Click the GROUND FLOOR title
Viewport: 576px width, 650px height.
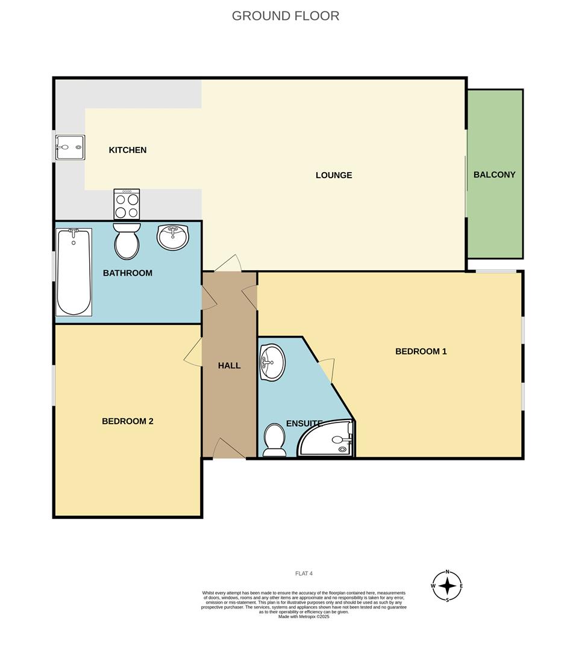tap(286, 16)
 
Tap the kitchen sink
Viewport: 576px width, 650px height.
tap(70, 147)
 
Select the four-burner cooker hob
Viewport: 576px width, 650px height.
tap(127, 205)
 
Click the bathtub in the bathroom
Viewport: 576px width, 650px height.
tap(74, 271)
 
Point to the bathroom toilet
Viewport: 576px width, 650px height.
tap(127, 241)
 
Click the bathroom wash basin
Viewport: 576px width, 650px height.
tap(173, 236)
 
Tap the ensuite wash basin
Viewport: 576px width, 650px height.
tap(272, 363)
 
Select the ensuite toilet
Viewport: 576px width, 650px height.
tap(275, 439)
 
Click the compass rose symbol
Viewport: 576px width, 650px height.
tap(447, 585)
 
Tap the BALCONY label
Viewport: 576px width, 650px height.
tap(494, 175)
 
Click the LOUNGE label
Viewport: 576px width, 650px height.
tap(334, 175)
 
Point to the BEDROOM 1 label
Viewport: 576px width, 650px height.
tap(421, 351)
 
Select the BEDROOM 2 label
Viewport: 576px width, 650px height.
tap(128, 421)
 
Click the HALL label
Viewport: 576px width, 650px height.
tap(229, 365)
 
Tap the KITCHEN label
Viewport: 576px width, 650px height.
tap(128, 150)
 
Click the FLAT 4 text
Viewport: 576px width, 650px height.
tap(304, 574)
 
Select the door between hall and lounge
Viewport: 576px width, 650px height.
tap(228, 264)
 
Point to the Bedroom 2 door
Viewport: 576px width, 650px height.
tap(193, 352)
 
